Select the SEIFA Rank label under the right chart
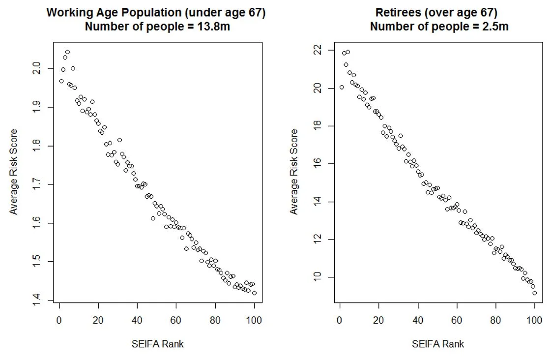point(438,344)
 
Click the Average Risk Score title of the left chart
point(14,172)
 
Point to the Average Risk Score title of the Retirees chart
point(294,172)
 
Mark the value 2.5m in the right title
point(494,27)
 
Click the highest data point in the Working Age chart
point(67,52)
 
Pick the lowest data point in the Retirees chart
point(534,293)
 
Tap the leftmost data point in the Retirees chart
point(342,87)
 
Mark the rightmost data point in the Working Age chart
point(254,293)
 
